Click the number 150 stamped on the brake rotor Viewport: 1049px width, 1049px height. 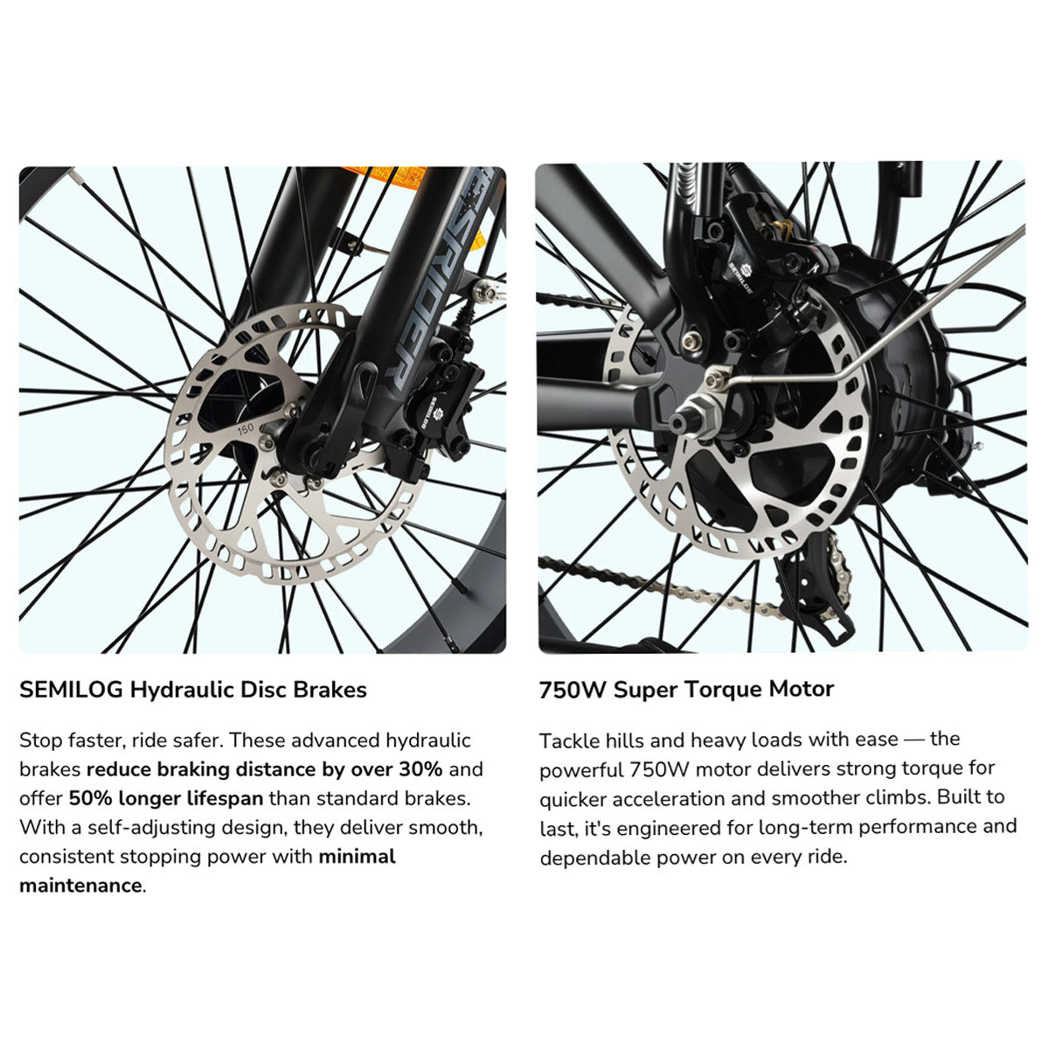pos(245,427)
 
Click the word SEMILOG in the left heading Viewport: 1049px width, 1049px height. pos(71,690)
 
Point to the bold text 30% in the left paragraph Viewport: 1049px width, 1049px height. pos(420,769)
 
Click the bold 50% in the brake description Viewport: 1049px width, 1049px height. pos(90,798)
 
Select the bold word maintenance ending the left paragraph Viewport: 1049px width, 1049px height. pos(80,886)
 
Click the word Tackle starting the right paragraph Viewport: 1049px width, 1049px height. pos(569,740)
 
